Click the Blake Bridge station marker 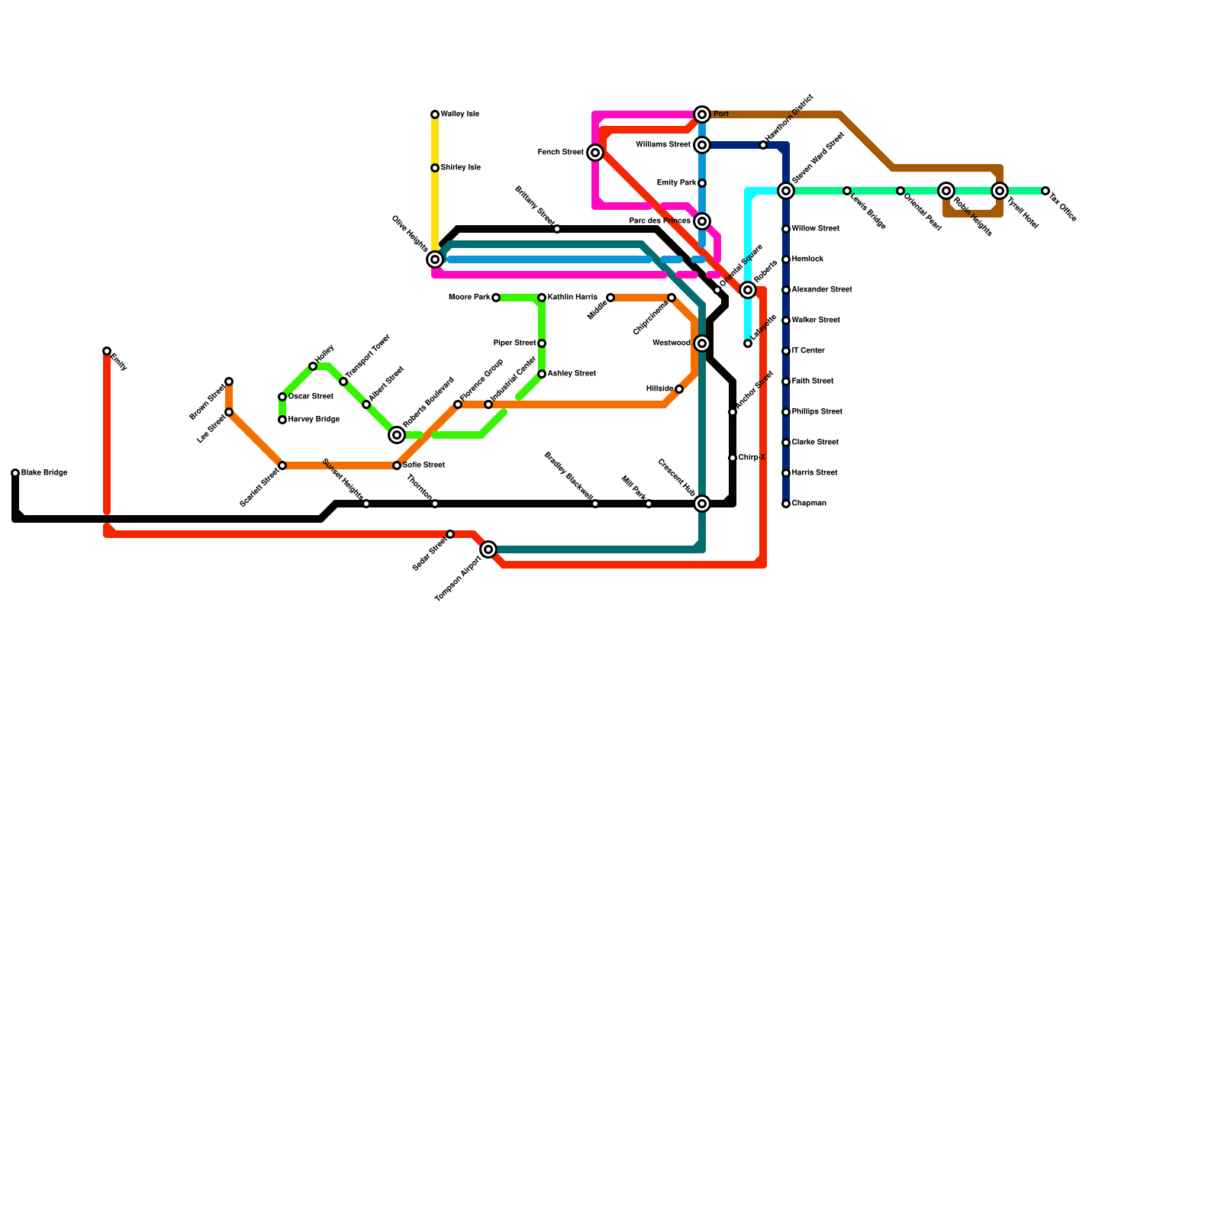click(x=15, y=473)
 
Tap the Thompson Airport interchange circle click(x=488, y=549)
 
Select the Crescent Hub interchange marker click(x=702, y=504)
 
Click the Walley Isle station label click(x=459, y=114)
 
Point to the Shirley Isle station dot click(x=435, y=168)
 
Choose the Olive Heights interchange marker click(x=435, y=259)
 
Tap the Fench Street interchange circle click(x=595, y=153)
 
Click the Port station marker click(x=702, y=114)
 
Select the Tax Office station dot click(x=1045, y=191)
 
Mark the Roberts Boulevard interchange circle click(x=397, y=435)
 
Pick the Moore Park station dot click(x=496, y=298)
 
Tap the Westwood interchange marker click(x=702, y=343)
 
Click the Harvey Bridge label click(x=313, y=420)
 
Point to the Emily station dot click(x=107, y=351)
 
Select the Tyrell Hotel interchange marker click(x=1000, y=191)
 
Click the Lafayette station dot click(x=748, y=343)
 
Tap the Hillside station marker click(x=679, y=389)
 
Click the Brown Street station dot click(x=229, y=382)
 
